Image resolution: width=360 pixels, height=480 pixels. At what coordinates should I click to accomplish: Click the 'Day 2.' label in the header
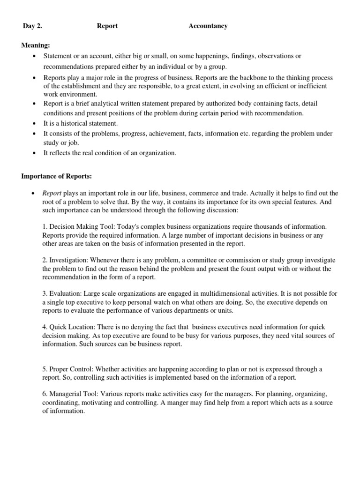[32, 26]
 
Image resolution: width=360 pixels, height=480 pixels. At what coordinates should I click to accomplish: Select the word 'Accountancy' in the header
[208, 26]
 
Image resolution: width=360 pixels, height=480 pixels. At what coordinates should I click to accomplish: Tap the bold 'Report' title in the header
[107, 26]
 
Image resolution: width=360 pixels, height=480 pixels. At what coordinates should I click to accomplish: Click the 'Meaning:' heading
[36, 45]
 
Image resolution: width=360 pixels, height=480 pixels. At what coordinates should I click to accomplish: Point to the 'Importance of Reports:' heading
[57, 176]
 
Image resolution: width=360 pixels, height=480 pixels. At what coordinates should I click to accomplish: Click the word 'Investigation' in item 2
[68, 260]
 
